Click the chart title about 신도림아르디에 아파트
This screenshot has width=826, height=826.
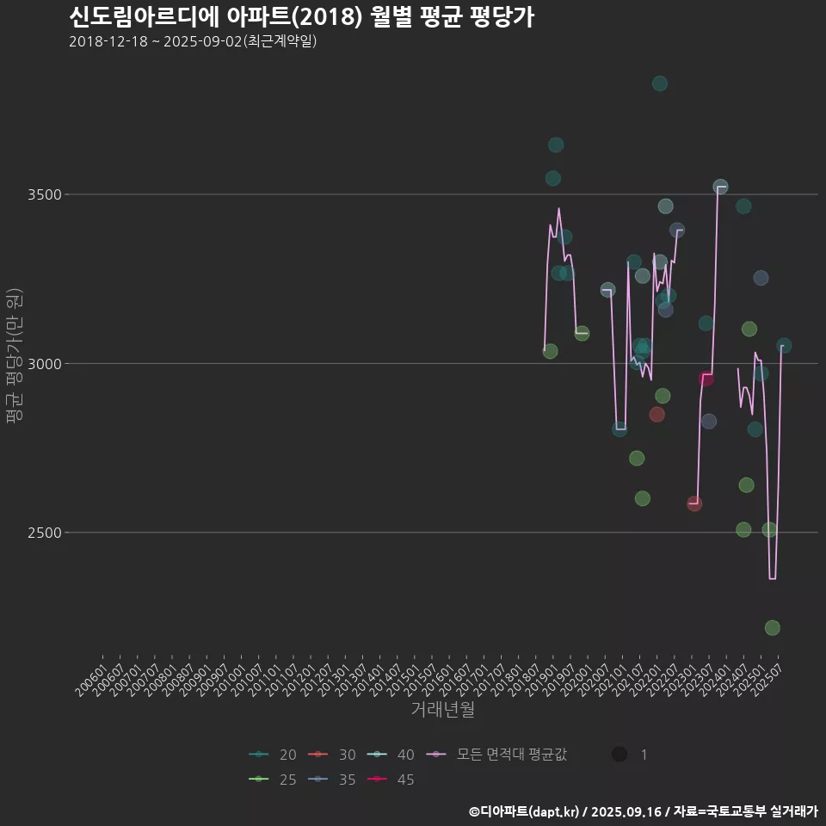coord(301,16)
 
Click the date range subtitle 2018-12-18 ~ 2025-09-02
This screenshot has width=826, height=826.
coord(193,41)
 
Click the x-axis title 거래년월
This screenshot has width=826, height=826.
coord(442,710)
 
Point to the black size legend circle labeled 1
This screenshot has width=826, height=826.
coord(619,755)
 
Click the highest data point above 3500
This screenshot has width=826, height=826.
coord(660,83)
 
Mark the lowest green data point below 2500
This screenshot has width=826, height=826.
coord(772,628)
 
